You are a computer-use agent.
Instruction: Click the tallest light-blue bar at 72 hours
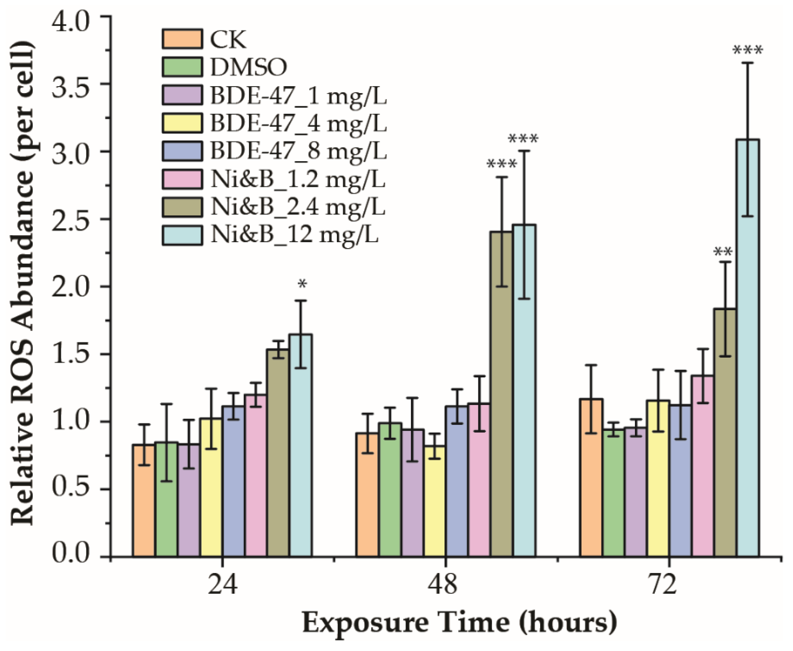coord(748,349)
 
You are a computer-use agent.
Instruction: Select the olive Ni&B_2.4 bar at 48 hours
coord(502,394)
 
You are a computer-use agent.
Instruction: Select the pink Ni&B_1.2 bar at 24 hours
coord(256,476)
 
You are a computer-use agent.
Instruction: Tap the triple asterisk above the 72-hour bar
coord(748,50)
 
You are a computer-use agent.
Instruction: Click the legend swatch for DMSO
coord(183,67)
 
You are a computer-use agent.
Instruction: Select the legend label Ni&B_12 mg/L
coord(294,235)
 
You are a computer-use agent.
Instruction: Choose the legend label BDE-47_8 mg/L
coord(298,151)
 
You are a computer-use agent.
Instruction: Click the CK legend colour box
coord(183,39)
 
